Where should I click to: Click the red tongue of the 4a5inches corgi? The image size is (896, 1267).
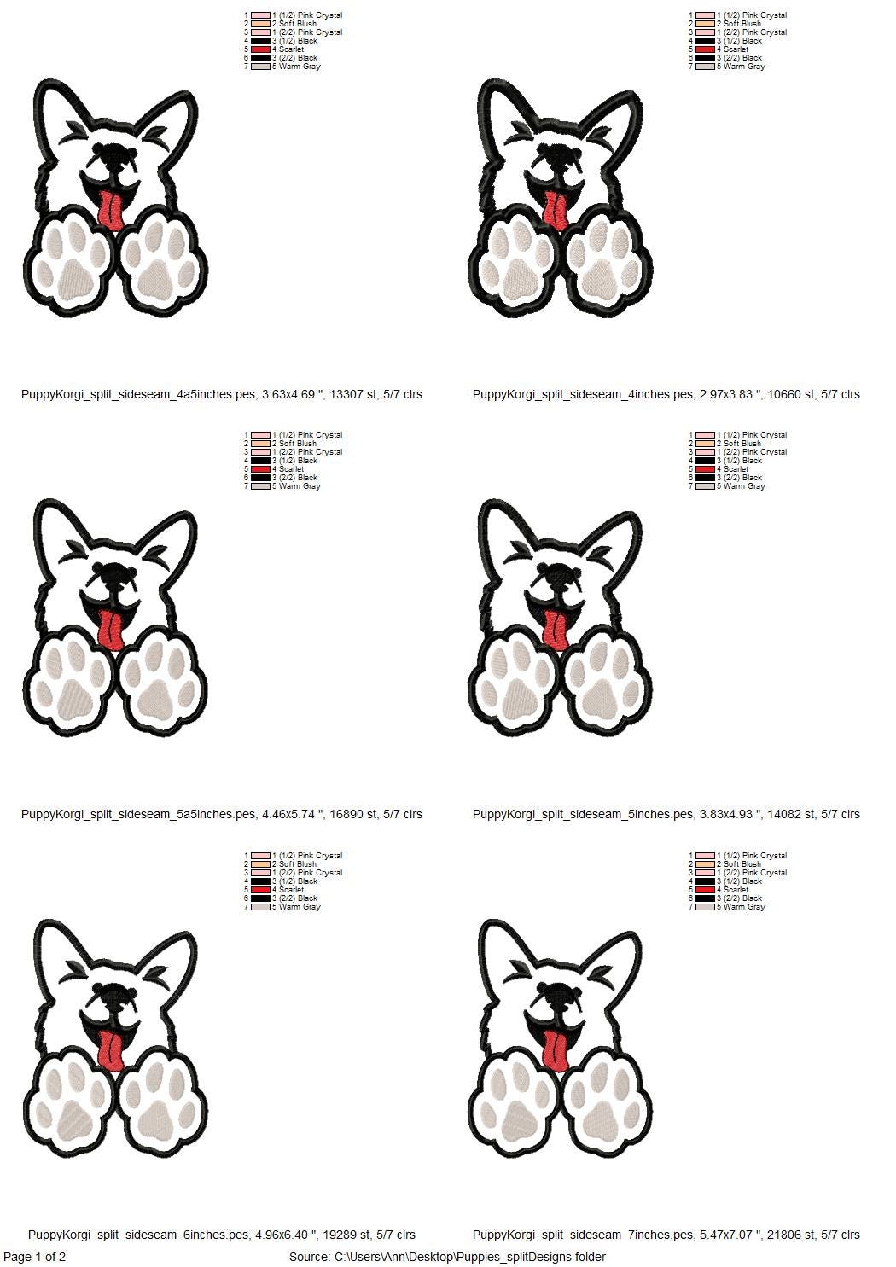108,211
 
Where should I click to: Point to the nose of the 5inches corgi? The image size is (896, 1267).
555,577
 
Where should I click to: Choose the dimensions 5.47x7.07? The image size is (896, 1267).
730,1235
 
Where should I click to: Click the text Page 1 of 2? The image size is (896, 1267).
35,1257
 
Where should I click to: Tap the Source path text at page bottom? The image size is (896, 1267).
447,1257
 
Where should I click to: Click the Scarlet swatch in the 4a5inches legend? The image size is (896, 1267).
260,49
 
